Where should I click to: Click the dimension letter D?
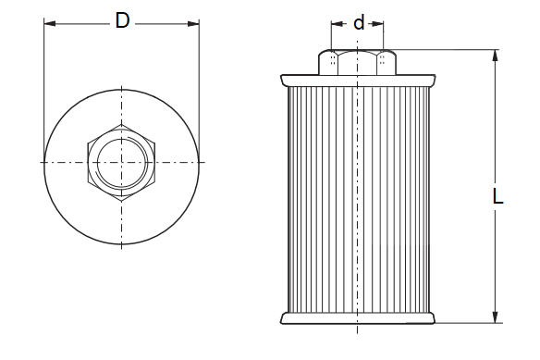pyautogui.click(x=122, y=20)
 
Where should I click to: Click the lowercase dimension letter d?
pyautogui.click(x=359, y=23)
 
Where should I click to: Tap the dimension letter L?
pyautogui.click(x=498, y=197)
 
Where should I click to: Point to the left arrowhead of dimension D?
pyautogui.click(x=50, y=24)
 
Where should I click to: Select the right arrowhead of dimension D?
pyautogui.click(x=193, y=24)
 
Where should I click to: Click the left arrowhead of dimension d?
pyautogui.click(x=337, y=24)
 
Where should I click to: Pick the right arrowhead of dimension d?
pyautogui.click(x=378, y=24)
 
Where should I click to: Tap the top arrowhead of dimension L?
pyautogui.click(x=496, y=56)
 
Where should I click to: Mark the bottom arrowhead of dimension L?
pyautogui.click(x=496, y=317)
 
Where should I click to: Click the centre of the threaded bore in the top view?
pyautogui.click(x=121, y=162)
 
